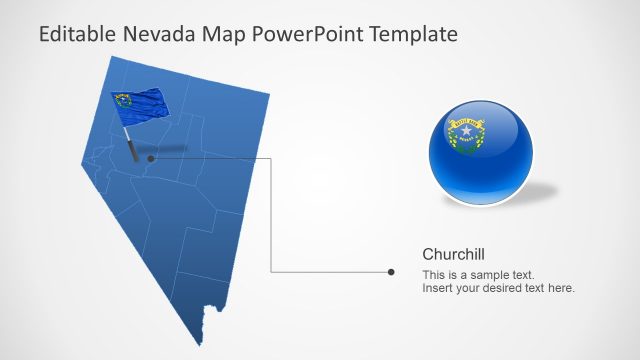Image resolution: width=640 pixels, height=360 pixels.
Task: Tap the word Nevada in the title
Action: tap(160, 34)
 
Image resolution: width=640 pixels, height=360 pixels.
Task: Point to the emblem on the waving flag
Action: tap(124, 100)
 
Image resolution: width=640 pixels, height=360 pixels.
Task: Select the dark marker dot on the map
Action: tap(151, 158)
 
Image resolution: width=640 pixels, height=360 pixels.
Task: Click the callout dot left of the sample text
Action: tap(391, 271)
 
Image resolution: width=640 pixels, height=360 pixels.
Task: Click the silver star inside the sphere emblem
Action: tap(465, 131)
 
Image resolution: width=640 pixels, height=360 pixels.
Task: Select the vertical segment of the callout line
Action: tap(272, 215)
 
